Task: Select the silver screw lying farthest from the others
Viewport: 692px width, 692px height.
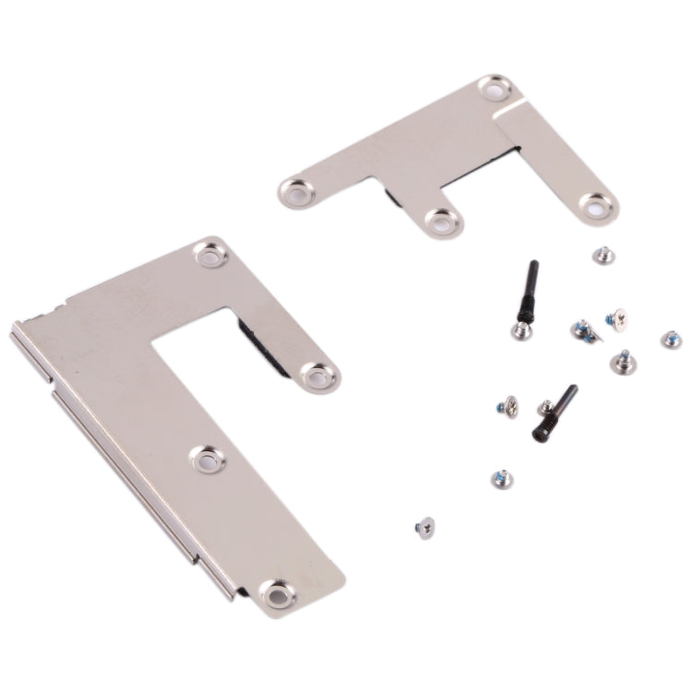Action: click(424, 526)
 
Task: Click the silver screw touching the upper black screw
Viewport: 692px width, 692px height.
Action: click(521, 328)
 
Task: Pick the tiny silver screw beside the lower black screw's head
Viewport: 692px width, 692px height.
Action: click(546, 407)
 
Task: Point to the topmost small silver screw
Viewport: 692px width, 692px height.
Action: click(603, 253)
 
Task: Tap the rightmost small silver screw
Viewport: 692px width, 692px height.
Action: click(671, 340)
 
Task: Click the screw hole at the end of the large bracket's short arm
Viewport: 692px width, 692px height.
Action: click(319, 376)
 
